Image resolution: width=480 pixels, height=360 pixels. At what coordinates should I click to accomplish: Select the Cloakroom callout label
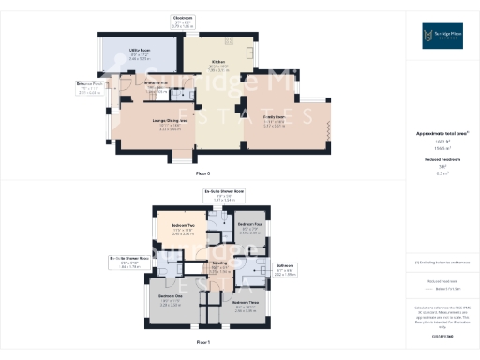[183, 18]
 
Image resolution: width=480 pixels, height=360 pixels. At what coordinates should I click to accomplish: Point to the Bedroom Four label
[248, 226]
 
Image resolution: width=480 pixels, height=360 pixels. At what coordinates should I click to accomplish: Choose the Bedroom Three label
[246, 302]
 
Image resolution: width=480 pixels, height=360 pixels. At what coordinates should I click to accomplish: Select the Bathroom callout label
[286, 265]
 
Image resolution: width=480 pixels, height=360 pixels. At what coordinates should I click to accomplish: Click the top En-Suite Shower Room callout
[224, 192]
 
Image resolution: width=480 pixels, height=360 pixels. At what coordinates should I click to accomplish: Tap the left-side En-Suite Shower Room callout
[130, 257]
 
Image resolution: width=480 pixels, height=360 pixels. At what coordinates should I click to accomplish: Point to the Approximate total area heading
[442, 133]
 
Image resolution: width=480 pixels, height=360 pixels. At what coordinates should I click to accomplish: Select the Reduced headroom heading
[442, 160]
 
